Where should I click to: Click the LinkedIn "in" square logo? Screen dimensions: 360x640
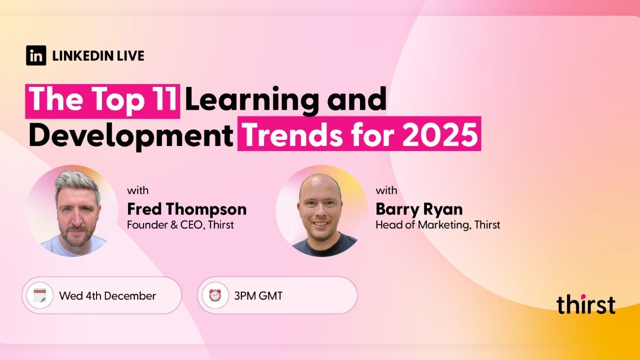(36, 55)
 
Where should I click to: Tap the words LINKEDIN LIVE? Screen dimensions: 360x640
(98, 56)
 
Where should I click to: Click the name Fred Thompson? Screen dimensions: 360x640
(186, 208)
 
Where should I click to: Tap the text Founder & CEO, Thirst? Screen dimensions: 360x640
(180, 224)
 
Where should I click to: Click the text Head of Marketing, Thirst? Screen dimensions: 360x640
(437, 224)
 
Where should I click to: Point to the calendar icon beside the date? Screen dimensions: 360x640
(40, 295)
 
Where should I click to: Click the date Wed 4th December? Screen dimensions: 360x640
(107, 295)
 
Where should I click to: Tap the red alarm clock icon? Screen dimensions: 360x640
(215, 295)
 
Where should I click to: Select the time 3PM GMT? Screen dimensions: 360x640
(258, 295)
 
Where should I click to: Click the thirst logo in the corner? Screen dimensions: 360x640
(585, 304)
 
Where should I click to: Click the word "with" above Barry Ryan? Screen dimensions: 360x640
(386, 190)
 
